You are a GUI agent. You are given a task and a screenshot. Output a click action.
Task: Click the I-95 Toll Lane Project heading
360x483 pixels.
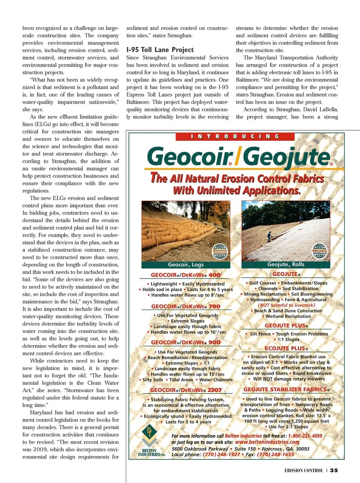click(160, 50)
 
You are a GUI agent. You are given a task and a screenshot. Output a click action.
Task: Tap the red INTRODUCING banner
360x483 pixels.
click(235, 136)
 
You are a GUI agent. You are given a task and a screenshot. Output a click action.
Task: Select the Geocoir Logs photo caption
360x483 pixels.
click(186, 265)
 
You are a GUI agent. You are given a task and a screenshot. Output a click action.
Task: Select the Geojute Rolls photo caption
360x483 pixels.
click(286, 265)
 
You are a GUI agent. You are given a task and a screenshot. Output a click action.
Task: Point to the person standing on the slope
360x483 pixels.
click(269, 236)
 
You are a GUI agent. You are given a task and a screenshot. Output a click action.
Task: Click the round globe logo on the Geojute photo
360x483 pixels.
click(320, 250)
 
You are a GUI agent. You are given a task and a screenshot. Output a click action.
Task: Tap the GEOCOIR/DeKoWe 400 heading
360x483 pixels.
click(186, 275)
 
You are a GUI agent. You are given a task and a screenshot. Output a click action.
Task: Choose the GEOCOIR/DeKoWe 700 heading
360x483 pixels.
click(186, 307)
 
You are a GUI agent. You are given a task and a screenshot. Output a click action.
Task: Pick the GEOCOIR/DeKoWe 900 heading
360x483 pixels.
click(186, 342)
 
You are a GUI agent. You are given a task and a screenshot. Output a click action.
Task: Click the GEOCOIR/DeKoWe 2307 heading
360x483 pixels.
click(186, 390)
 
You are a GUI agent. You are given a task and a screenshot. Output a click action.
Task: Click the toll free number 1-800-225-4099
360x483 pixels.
click(305, 436)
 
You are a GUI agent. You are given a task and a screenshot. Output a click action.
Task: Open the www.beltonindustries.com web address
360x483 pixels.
click(267, 442)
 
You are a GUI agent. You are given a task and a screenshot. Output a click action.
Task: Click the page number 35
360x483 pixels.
click(334, 471)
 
